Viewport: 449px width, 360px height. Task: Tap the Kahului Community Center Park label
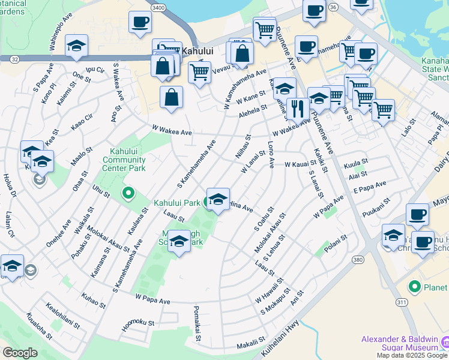124,160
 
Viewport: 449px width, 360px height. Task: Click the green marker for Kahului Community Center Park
127,193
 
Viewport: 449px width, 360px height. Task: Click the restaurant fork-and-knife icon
298,108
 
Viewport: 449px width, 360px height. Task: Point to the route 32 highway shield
14,59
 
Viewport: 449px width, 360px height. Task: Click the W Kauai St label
300,163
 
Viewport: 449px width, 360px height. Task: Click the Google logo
20,353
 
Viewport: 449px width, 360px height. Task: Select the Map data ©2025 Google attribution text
411,355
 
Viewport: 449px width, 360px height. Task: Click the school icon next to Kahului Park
218,199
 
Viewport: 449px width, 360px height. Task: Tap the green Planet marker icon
414,287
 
